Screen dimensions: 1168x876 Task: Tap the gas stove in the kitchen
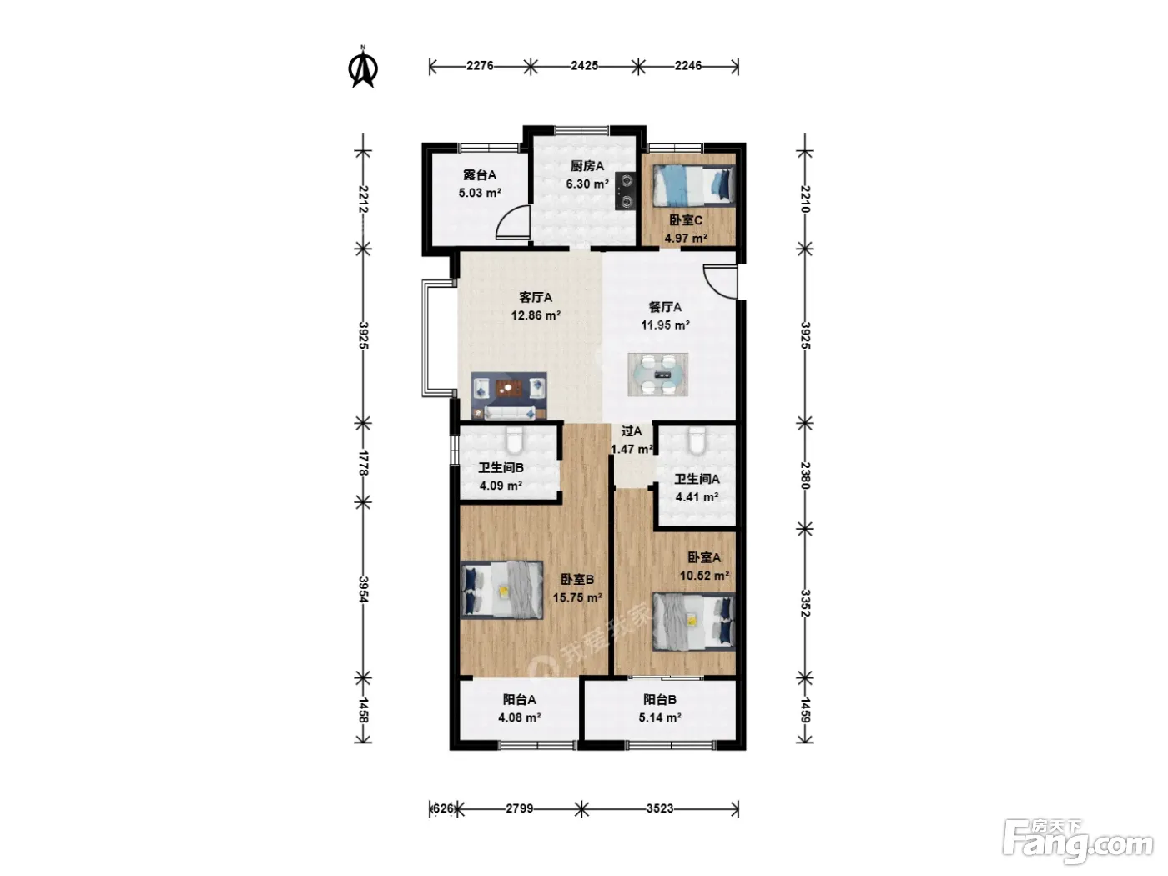coord(626,191)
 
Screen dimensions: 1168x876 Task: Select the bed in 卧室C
coord(693,185)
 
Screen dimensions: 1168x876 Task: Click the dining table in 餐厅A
coord(657,375)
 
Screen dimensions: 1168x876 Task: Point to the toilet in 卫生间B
coord(515,440)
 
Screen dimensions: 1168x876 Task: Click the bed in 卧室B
coord(501,590)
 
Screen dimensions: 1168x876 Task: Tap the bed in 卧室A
coord(694,622)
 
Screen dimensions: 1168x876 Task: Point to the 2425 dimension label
coord(584,66)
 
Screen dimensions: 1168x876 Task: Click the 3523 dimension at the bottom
coord(660,809)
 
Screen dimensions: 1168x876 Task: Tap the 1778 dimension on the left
coord(364,462)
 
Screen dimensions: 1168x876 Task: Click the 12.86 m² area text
coord(536,315)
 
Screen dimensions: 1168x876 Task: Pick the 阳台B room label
coord(660,699)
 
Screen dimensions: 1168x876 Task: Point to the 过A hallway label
coord(632,430)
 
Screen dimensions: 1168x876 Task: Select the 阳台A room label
coord(520,699)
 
